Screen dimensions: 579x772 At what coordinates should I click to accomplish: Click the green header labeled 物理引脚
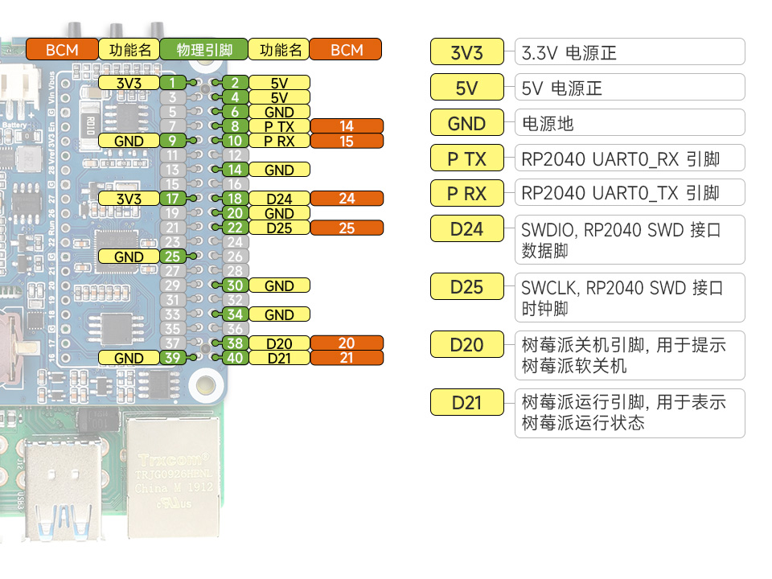[203, 50]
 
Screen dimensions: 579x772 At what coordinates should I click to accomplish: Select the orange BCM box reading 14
[347, 126]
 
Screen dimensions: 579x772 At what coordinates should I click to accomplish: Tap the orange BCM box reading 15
[347, 141]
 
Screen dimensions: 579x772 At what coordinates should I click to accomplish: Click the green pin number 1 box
[172, 82]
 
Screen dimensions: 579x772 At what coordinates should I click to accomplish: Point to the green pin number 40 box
[235, 358]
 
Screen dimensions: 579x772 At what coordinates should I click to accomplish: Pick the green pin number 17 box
[172, 199]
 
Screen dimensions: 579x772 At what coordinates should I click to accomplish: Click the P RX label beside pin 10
[279, 141]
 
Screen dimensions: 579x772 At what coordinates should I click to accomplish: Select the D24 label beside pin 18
[279, 199]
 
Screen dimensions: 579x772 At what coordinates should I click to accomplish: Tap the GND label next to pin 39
[129, 358]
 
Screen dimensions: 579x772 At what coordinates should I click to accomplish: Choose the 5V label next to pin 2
[279, 82]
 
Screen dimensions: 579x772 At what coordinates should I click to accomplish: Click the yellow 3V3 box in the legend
[466, 53]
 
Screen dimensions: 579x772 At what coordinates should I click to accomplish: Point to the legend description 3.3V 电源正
[630, 53]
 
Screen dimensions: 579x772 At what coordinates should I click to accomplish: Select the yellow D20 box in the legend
[466, 345]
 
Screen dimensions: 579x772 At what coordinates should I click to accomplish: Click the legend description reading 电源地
[630, 123]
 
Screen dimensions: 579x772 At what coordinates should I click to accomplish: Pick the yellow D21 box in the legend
[466, 402]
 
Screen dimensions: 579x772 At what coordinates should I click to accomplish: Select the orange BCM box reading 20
[347, 343]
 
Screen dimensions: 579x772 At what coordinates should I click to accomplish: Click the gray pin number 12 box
[235, 155]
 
